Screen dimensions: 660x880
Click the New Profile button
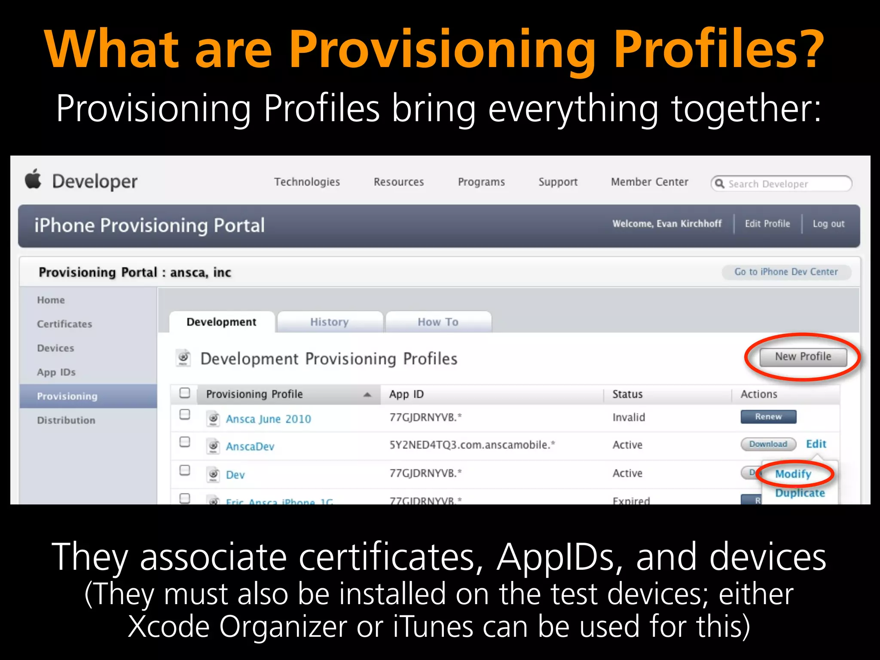pos(803,357)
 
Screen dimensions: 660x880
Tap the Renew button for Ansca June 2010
pos(768,416)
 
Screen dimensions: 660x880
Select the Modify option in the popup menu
pos(793,474)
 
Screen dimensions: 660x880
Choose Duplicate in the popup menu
pos(800,493)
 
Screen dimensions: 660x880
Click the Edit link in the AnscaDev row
pos(816,444)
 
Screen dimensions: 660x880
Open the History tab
pos(330,322)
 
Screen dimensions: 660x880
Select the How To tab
pos(438,322)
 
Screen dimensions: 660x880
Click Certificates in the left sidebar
pos(64,324)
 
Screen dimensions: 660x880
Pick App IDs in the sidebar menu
pos(56,372)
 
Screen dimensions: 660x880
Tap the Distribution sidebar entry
pos(66,420)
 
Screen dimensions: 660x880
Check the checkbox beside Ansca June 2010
pos(185,414)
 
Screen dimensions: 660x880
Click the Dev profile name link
pos(235,475)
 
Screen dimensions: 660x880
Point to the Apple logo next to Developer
pos(33,179)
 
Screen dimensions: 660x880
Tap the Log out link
pos(828,224)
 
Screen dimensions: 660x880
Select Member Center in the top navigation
pos(649,182)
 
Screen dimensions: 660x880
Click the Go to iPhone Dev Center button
pos(786,272)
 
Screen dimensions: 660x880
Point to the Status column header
pos(627,394)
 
